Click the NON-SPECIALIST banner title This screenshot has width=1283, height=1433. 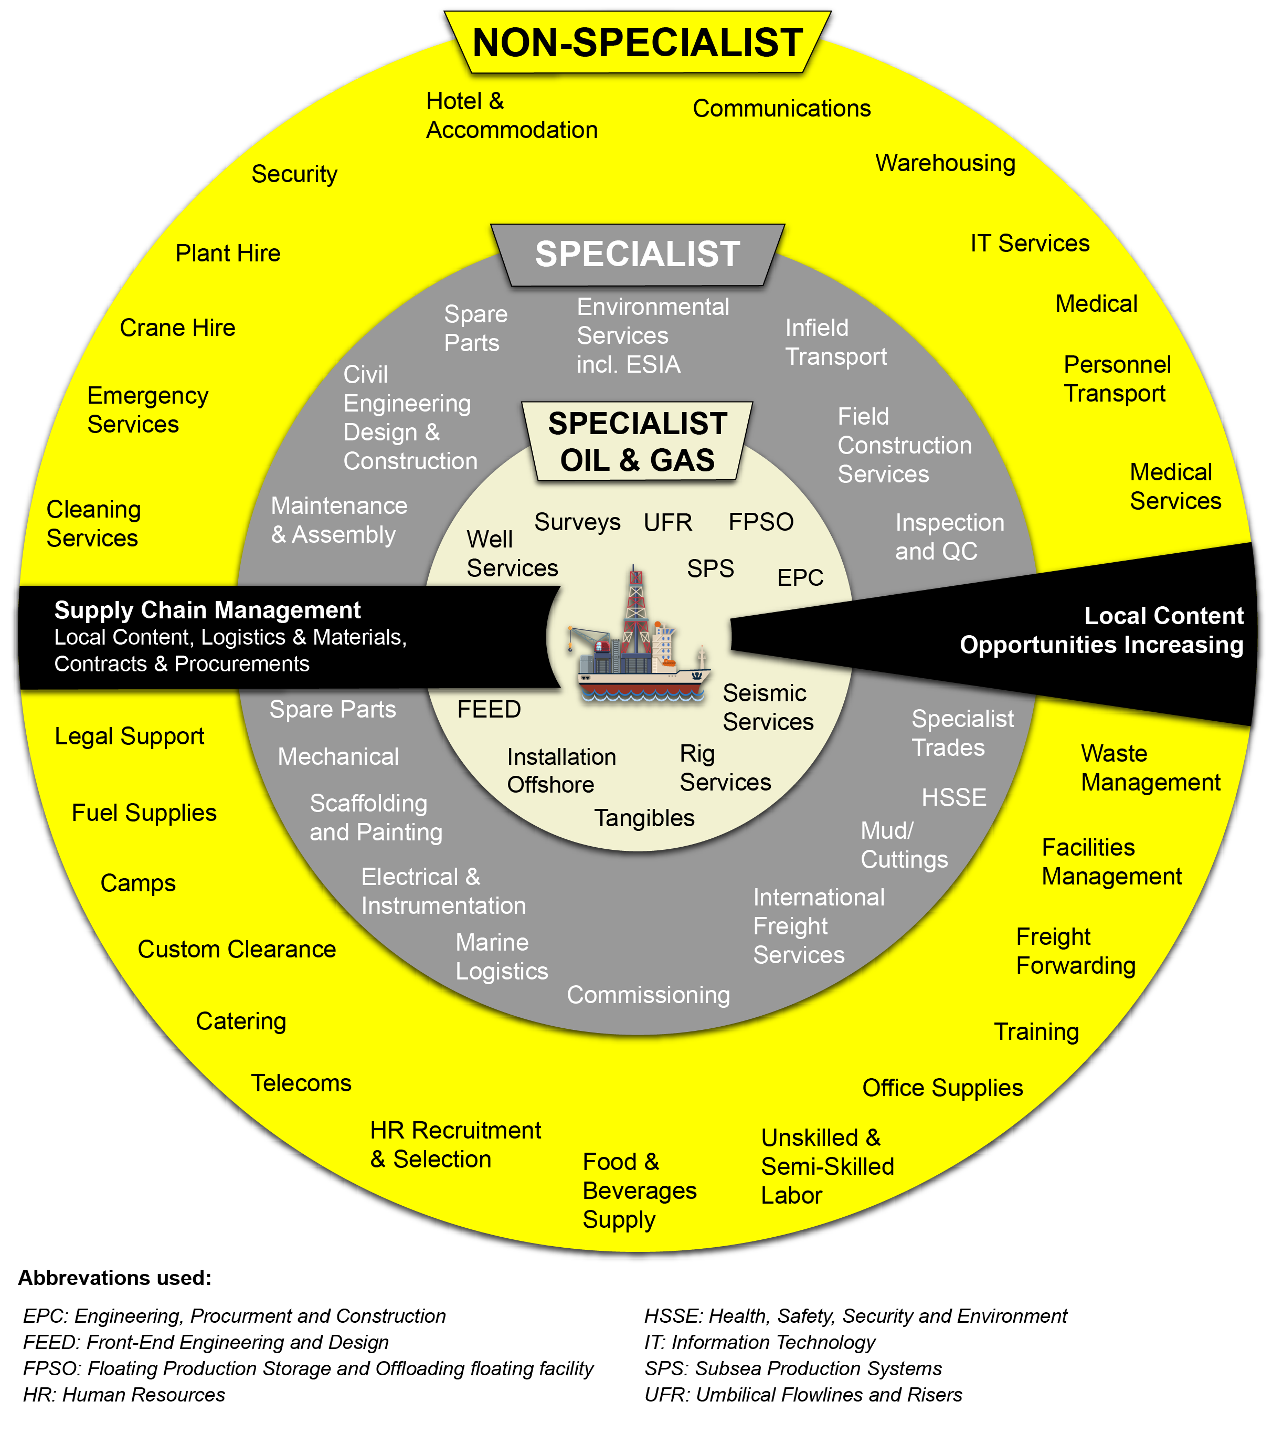click(x=637, y=43)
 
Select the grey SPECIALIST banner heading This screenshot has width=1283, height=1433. click(x=637, y=254)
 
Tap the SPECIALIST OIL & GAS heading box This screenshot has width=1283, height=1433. click(x=637, y=441)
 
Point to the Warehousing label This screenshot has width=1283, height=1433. click(x=946, y=163)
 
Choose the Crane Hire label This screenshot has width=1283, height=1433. click(x=178, y=328)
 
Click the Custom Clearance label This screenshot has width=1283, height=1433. click(x=237, y=949)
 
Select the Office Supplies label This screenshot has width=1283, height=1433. click(x=942, y=1088)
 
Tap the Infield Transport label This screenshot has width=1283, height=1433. click(x=836, y=342)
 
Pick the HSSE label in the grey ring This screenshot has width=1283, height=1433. click(x=954, y=798)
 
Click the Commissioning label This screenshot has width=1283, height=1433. click(x=649, y=995)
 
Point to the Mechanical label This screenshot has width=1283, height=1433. click(x=338, y=757)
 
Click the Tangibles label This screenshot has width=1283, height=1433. click(x=644, y=818)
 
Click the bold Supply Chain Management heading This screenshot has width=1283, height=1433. click(x=207, y=610)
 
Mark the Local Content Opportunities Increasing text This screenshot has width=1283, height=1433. click(x=1102, y=630)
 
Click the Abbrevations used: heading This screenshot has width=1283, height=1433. click(x=115, y=1278)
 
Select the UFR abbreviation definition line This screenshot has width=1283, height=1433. click(x=803, y=1395)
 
